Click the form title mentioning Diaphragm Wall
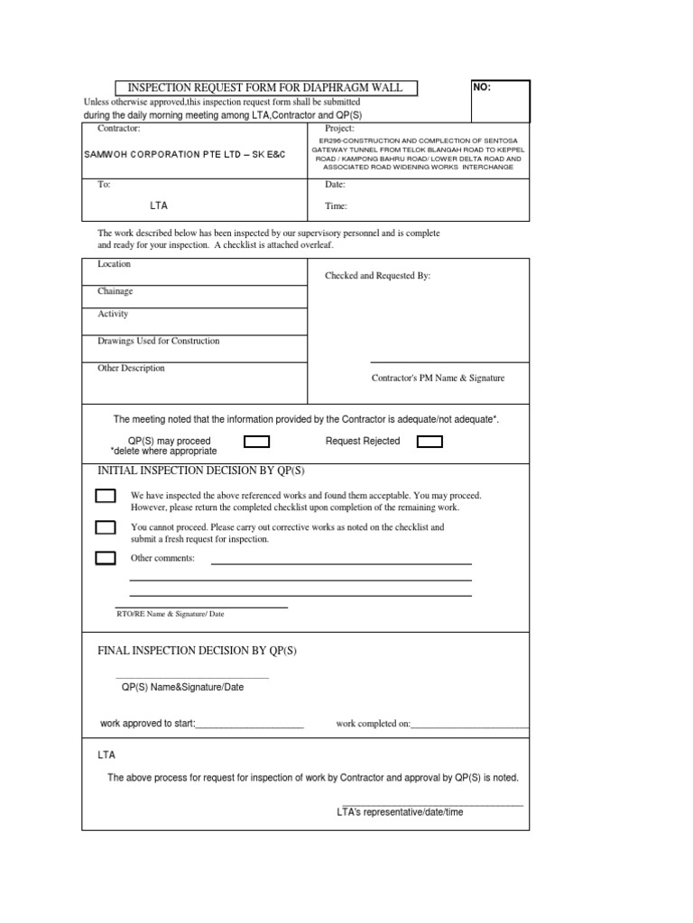[x=266, y=88]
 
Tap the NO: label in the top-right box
[x=482, y=88]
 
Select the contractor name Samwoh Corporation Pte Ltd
[x=184, y=154]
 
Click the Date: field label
[x=336, y=184]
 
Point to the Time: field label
[x=337, y=206]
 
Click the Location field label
[x=114, y=264]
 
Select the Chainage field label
[x=115, y=291]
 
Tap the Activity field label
[x=113, y=314]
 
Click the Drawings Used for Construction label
[x=158, y=341]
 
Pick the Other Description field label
[x=131, y=368]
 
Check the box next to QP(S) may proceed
[x=257, y=442]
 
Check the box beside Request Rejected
[x=430, y=442]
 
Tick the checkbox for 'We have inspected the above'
[x=106, y=496]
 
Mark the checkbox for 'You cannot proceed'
[x=106, y=527]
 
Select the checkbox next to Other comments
[x=106, y=558]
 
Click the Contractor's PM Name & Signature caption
[x=439, y=378]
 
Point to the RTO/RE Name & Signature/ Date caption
[x=171, y=614]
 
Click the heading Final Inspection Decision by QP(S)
[x=197, y=650]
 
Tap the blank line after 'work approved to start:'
[x=250, y=723]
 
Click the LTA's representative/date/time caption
[x=400, y=811]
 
